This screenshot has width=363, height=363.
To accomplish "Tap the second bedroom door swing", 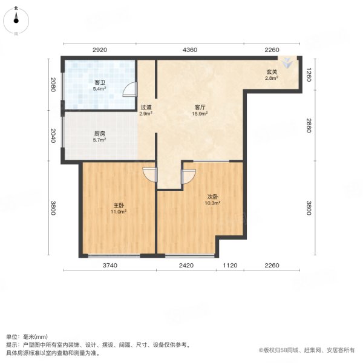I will [x=187, y=177].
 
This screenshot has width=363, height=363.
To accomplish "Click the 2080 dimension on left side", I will [x=54, y=85].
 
